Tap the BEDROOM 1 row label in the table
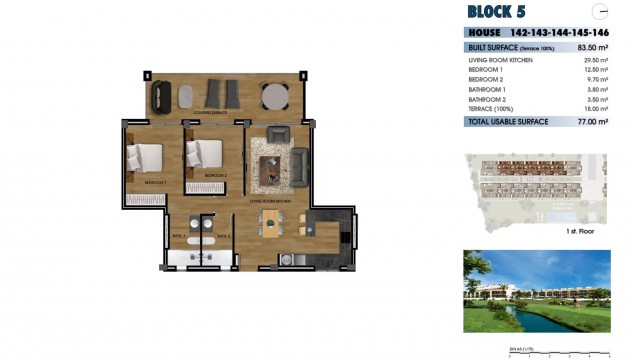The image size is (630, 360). click(486, 70)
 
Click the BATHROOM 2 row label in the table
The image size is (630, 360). click(488, 99)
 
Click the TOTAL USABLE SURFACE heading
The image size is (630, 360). click(507, 121)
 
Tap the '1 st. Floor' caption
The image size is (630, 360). click(581, 231)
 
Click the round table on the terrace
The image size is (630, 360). click(275, 96)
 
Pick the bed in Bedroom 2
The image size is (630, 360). click(204, 154)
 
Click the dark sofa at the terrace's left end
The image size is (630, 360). click(161, 96)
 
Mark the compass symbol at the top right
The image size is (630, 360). click(600, 12)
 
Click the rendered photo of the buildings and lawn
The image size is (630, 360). click(536, 290)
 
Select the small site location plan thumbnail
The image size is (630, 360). click(536, 188)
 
